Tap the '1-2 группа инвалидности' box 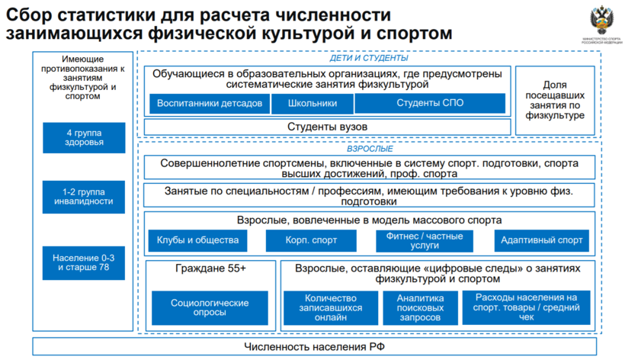click(84, 196)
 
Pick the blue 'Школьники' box click(313, 104)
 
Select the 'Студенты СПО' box click(430, 104)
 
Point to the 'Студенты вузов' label click(328, 126)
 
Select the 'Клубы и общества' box click(197, 241)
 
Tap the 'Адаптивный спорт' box click(541, 241)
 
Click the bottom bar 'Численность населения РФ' click(315, 347)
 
